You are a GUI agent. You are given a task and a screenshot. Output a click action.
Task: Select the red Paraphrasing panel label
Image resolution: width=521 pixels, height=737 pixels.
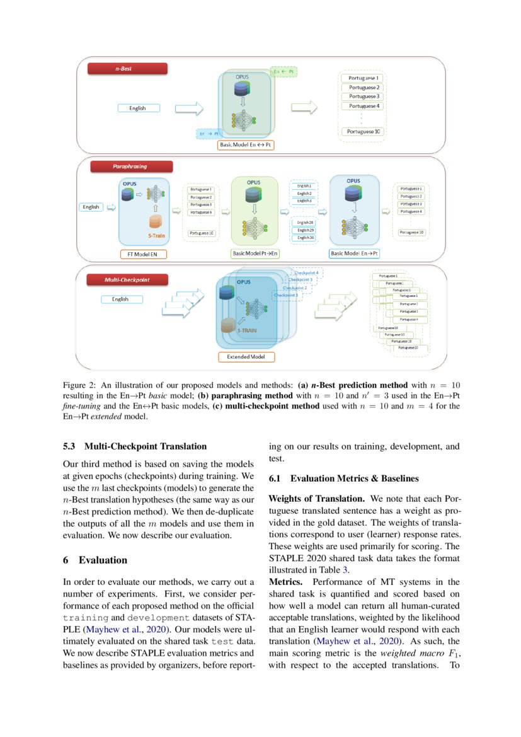(130, 166)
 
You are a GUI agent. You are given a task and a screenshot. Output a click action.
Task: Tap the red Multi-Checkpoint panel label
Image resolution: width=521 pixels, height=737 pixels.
(127, 278)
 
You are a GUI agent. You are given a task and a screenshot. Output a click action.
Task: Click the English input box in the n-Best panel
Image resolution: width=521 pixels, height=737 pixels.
(139, 108)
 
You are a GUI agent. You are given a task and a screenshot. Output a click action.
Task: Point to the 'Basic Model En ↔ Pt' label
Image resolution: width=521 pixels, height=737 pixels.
(246, 144)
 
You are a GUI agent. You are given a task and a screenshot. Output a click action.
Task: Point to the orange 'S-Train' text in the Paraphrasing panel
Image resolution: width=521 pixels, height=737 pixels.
(157, 236)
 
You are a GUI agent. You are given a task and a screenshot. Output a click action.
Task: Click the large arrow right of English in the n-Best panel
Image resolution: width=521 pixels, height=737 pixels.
(189, 108)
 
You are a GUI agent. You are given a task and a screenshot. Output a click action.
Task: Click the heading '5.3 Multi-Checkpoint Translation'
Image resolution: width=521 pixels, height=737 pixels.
(134, 446)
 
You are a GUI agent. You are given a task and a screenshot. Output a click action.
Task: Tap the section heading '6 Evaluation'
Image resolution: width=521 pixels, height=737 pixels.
(94, 560)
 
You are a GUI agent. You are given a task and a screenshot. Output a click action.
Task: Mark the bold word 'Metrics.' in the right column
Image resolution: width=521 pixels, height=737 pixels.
(287, 582)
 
